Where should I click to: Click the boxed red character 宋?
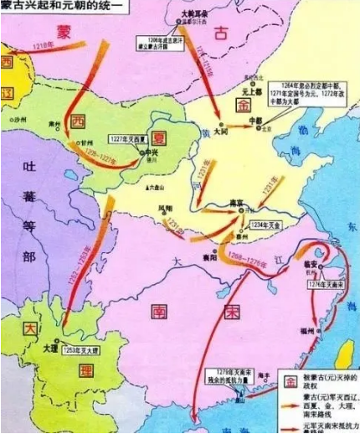(232, 312)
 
